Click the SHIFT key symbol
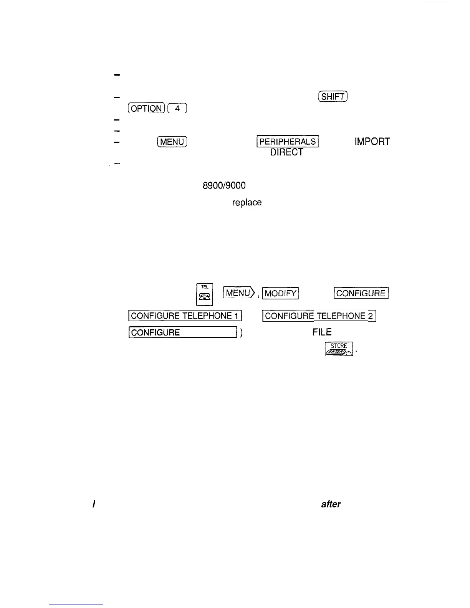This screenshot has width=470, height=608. (x=333, y=97)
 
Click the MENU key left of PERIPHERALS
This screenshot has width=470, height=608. (x=172, y=142)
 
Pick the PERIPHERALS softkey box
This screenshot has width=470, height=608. (x=288, y=142)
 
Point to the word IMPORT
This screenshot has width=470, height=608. (x=372, y=142)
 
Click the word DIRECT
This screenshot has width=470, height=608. (x=286, y=152)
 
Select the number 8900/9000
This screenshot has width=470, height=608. (x=224, y=186)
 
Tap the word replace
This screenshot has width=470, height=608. (x=247, y=203)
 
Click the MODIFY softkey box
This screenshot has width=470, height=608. (x=280, y=294)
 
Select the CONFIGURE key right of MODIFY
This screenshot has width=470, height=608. (x=361, y=293)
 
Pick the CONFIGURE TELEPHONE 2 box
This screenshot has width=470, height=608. (x=319, y=316)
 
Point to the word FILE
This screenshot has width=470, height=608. (x=322, y=332)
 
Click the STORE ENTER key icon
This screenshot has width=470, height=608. (x=339, y=349)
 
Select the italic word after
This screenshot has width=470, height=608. (x=331, y=504)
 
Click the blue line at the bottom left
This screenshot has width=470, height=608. (x=76, y=605)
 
